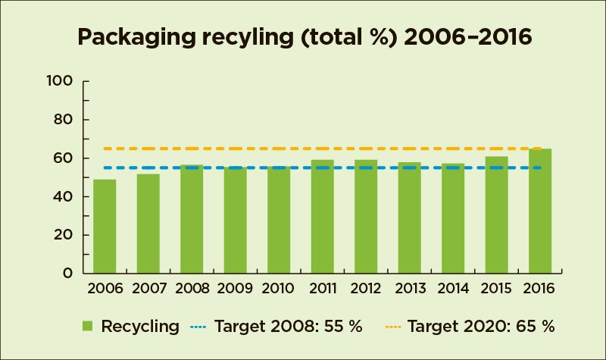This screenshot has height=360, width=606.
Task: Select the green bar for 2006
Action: pyautogui.click(x=105, y=227)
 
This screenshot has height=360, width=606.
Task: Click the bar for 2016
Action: pyautogui.click(x=540, y=211)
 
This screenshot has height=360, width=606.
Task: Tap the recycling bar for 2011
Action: pyautogui.click(x=323, y=217)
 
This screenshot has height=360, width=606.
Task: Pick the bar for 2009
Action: pyautogui.click(x=236, y=221)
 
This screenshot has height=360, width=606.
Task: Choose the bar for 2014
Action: pyautogui.click(x=453, y=218)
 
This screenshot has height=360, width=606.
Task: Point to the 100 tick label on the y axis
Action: pyautogui.click(x=60, y=81)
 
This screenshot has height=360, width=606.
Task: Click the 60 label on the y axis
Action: pyautogui.click(x=63, y=158)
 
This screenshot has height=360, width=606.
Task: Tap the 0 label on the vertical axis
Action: pyautogui.click(x=67, y=274)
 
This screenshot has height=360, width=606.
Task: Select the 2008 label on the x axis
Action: pyautogui.click(x=192, y=289)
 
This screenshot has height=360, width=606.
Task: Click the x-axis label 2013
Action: pyautogui.click(x=410, y=289)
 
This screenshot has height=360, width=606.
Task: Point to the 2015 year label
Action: pyautogui.click(x=496, y=289)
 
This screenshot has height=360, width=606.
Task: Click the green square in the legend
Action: pyautogui.click(x=88, y=326)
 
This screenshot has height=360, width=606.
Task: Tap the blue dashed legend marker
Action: pyautogui.click(x=198, y=327)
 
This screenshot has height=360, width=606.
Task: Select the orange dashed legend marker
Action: pyautogui.click(x=393, y=327)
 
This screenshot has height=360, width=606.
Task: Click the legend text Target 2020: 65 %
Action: pyautogui.click(x=481, y=327)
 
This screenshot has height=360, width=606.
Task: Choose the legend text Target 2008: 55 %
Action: pyautogui.click(x=289, y=327)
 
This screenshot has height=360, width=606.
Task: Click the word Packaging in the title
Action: pyautogui.click(x=137, y=38)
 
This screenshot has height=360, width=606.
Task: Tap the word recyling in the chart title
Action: pyautogui.click(x=248, y=38)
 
